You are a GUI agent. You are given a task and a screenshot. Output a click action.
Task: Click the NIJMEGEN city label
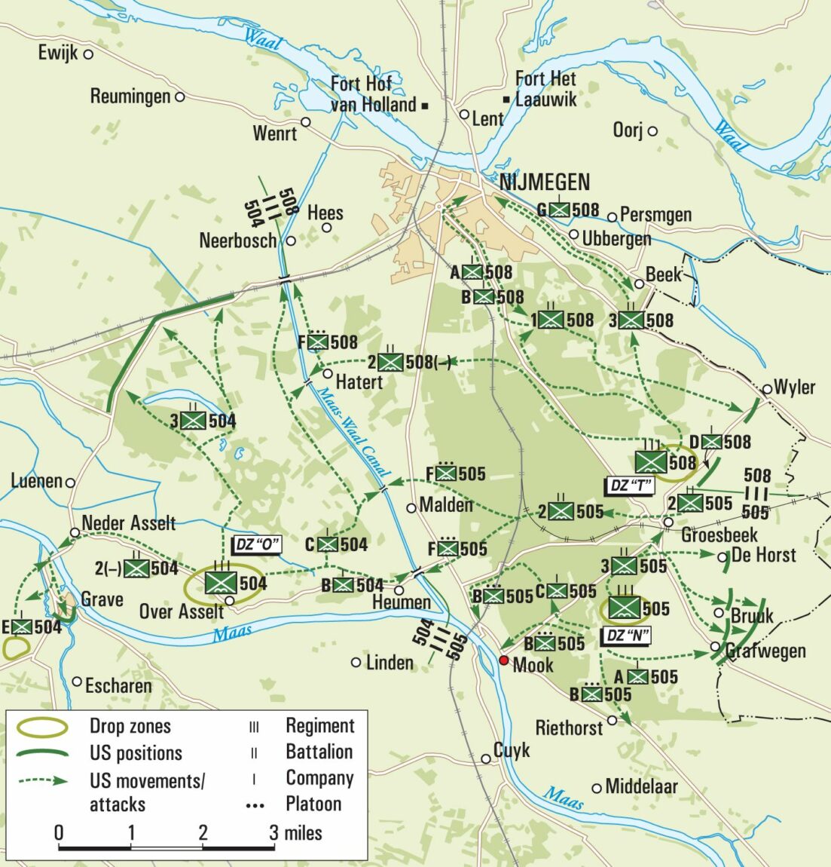pyautogui.click(x=545, y=182)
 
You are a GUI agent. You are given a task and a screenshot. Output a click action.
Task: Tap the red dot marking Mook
pyautogui.click(x=504, y=660)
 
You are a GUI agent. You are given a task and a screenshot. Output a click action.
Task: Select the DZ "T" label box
pyautogui.click(x=630, y=486)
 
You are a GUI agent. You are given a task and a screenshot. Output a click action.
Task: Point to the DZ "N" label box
pyautogui.click(x=627, y=636)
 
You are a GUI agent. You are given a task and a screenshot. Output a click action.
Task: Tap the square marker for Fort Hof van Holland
pyautogui.click(x=425, y=106)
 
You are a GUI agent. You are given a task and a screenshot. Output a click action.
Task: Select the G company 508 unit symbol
pyautogui.click(x=559, y=210)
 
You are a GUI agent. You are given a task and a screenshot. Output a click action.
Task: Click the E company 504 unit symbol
pyautogui.click(x=22, y=626)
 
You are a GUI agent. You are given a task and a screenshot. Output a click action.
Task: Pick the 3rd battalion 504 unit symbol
pyautogui.click(x=195, y=421)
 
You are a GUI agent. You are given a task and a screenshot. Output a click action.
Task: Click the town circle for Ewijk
pyautogui.click(x=88, y=54)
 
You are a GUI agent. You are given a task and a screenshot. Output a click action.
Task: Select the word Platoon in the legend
pyautogui.click(x=313, y=804)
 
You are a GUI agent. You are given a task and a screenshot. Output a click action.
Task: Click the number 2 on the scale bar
pyautogui.click(x=203, y=833)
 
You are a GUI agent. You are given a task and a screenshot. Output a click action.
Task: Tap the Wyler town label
pyautogui.click(x=794, y=388)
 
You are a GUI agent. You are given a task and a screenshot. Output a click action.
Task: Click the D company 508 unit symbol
pyautogui.click(x=711, y=442)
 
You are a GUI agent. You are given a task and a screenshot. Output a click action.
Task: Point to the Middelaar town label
pyautogui.click(x=641, y=786)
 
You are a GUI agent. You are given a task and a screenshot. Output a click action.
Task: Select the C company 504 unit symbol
pyautogui.click(x=327, y=544)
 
